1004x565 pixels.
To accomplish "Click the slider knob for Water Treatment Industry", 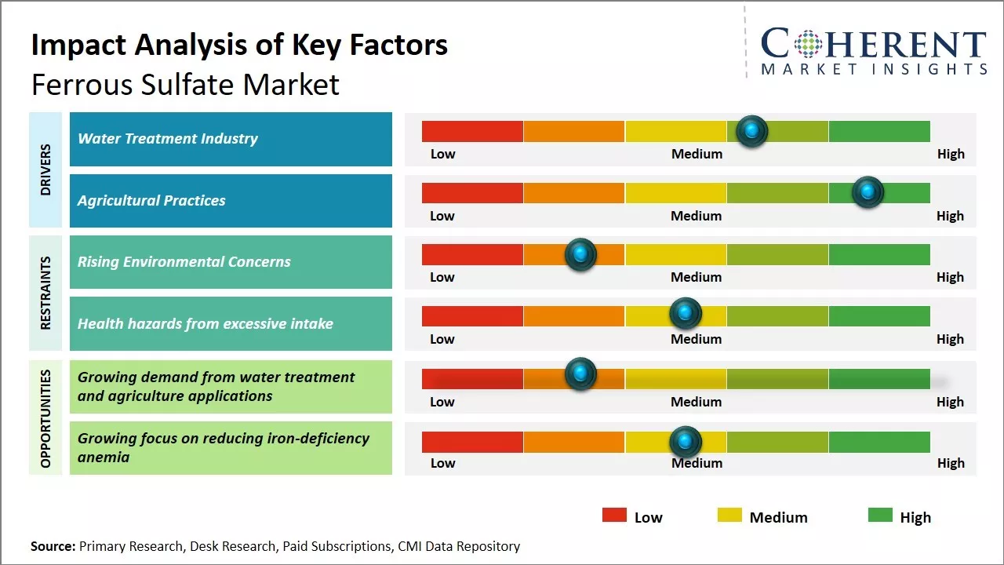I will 751,131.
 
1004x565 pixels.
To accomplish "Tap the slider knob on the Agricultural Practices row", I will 868,192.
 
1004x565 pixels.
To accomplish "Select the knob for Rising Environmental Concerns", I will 580,254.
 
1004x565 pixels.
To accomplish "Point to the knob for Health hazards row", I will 685,314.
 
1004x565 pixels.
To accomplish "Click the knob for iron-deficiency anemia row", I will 685,442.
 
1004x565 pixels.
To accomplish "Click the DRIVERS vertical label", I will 45,169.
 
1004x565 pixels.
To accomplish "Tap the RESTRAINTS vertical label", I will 45,293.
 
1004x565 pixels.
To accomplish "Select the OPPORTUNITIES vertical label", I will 45,417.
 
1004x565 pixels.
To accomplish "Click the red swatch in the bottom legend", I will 614,516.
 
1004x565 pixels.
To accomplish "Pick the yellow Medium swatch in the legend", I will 729,516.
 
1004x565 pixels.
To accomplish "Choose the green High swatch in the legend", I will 880,516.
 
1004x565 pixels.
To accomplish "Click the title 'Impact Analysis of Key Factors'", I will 239,46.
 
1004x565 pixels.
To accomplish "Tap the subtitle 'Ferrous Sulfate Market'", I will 185,84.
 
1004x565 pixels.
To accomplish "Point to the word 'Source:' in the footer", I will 53,546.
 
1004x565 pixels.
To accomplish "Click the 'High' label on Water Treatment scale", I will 951,154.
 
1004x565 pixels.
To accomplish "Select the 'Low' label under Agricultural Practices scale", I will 442,216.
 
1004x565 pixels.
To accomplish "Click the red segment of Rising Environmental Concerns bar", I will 472,254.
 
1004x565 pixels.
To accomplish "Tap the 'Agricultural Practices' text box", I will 231,201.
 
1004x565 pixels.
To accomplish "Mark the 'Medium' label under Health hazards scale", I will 697,339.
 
